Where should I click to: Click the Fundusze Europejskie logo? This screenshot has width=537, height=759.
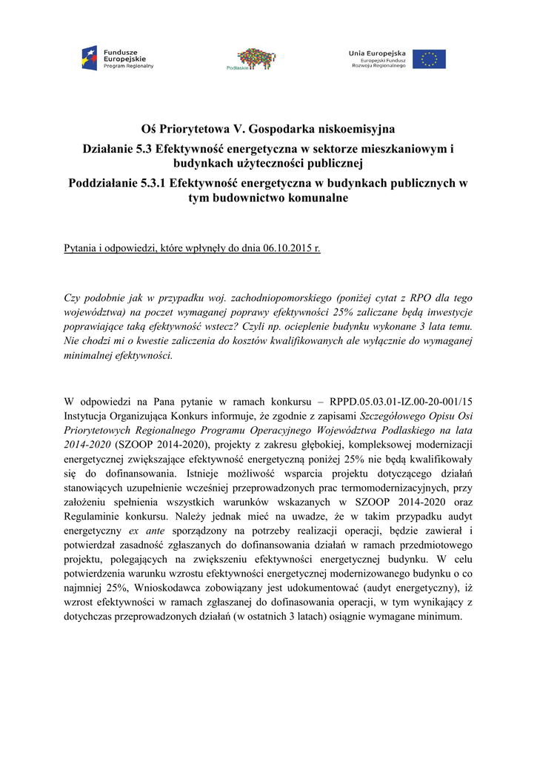point(117,58)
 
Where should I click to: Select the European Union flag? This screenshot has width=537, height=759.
point(430,59)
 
